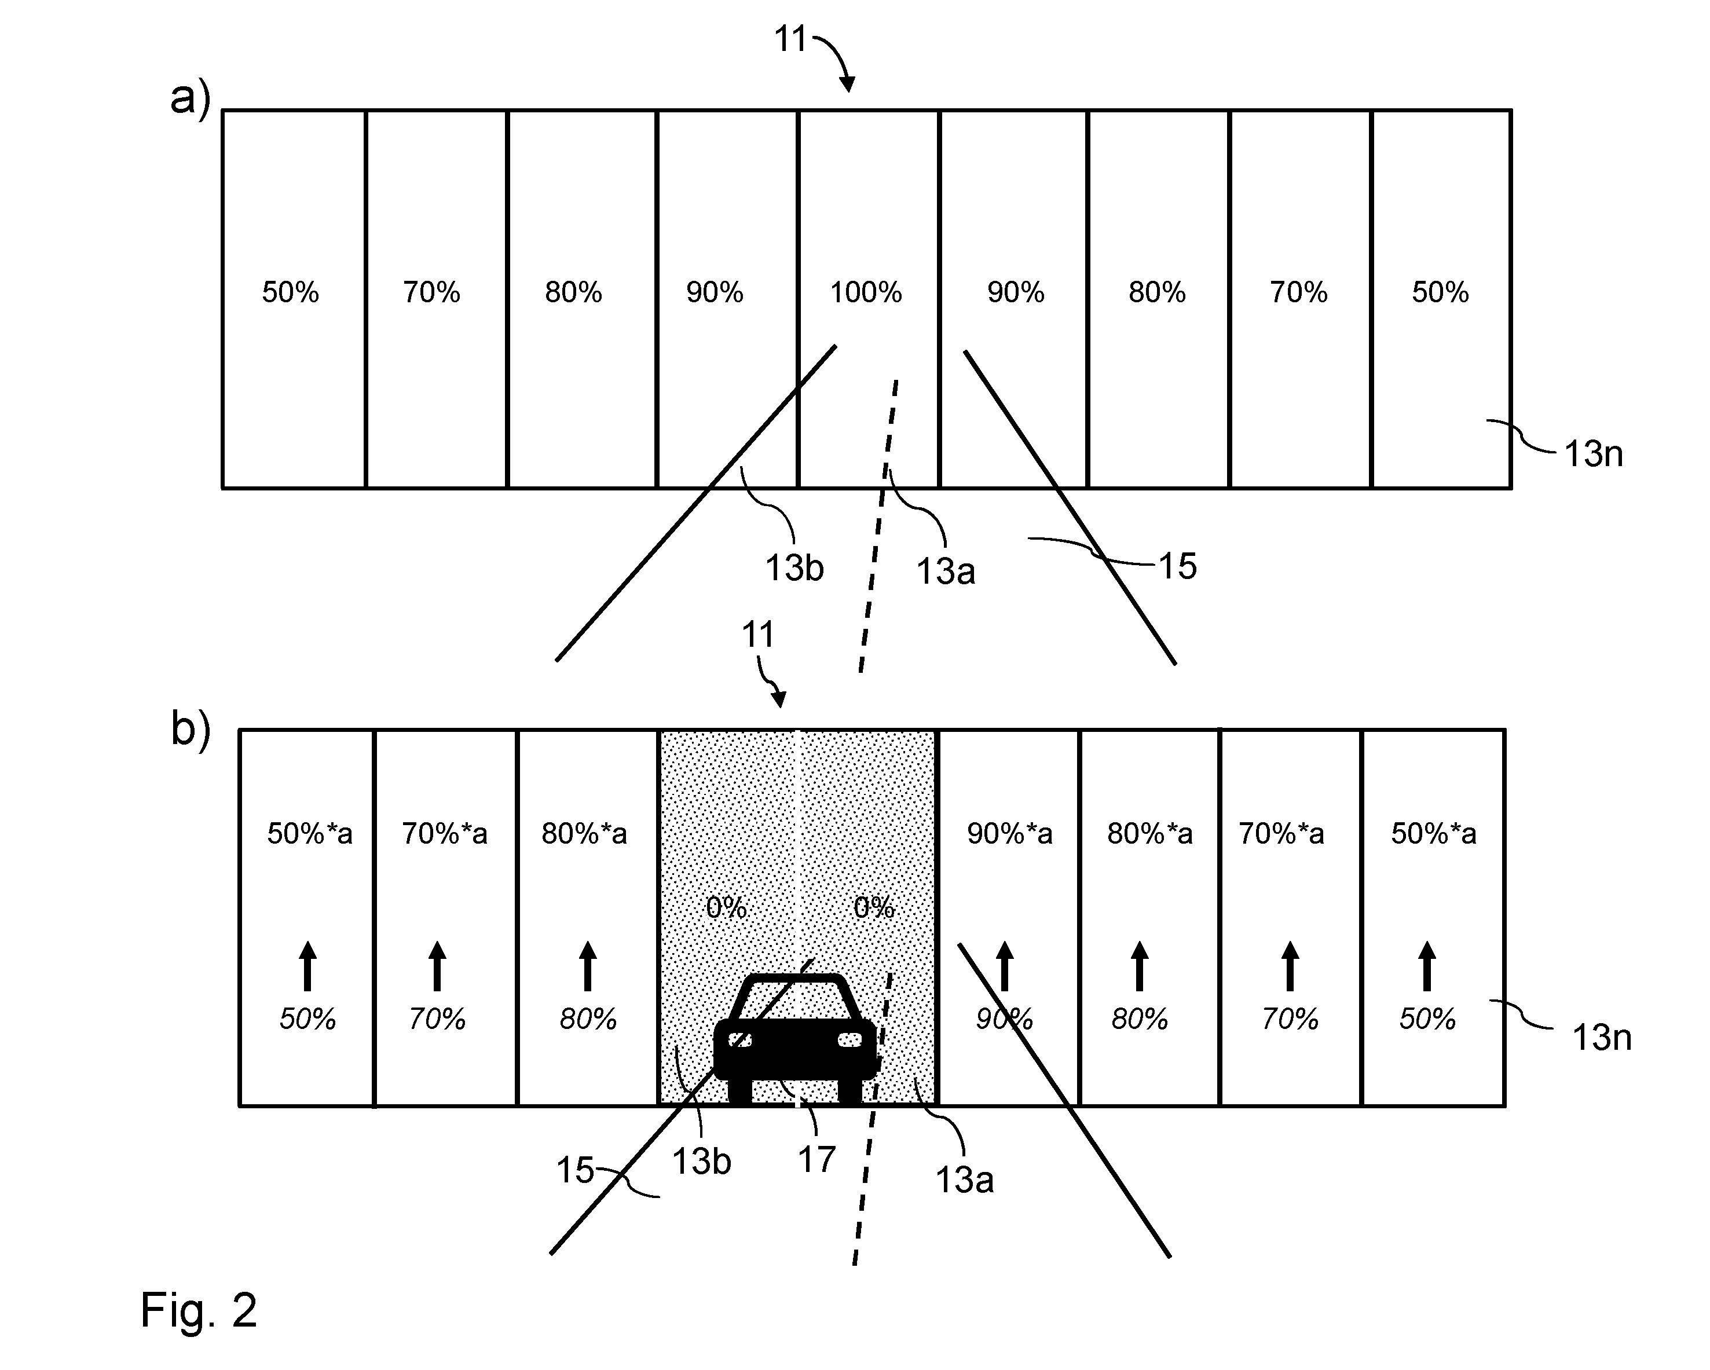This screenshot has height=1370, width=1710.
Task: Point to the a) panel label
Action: tap(191, 98)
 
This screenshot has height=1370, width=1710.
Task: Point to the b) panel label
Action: tap(191, 728)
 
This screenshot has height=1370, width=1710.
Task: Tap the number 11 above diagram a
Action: tap(790, 39)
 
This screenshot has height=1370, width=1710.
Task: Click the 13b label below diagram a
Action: tap(794, 568)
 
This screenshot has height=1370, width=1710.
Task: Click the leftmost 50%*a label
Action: tap(309, 834)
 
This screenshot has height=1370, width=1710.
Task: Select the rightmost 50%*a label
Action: tap(1434, 834)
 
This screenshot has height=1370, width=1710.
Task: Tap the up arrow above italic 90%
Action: tap(1004, 965)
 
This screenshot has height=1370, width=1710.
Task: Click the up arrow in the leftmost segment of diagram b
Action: tap(307, 965)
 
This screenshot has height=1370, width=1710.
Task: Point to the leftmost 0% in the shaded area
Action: tap(726, 907)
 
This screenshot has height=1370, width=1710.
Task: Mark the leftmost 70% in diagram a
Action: tap(431, 293)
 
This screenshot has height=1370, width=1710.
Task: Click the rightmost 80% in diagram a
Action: tap(1157, 293)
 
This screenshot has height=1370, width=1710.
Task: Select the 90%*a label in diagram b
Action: tap(1010, 834)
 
